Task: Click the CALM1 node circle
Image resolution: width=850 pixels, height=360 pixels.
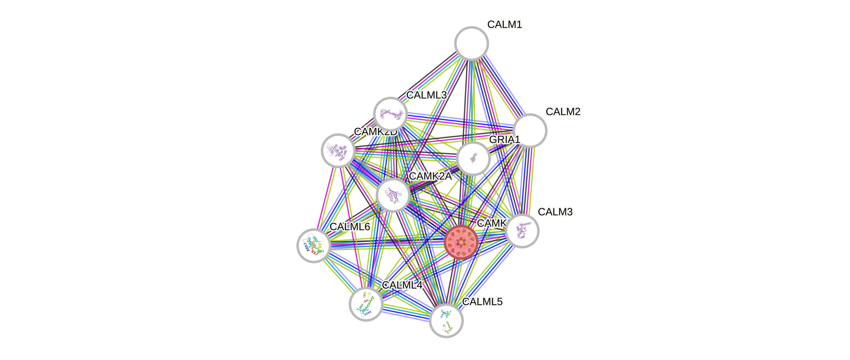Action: point(471,43)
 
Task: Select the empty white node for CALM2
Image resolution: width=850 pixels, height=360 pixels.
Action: point(530,130)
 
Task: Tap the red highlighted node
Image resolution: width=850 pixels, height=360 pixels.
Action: point(461,242)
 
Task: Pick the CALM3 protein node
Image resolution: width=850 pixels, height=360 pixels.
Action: point(522,231)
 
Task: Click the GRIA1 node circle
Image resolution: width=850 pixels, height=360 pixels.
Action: point(473,158)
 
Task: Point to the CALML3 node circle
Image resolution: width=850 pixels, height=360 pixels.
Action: point(390,114)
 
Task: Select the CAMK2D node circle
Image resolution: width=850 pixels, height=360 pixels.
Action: point(338,150)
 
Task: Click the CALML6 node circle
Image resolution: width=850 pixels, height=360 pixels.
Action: point(314,245)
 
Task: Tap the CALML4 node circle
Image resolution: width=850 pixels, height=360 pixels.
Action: point(366,304)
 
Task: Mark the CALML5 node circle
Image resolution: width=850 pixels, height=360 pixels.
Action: point(446,321)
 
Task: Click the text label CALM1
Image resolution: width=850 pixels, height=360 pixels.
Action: point(505,24)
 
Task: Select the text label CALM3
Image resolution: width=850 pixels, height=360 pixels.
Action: point(555,212)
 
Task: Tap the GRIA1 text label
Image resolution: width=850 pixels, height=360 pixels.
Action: point(504,139)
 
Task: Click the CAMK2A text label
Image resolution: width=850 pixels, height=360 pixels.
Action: point(430,176)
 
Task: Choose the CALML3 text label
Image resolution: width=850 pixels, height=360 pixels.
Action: point(426,95)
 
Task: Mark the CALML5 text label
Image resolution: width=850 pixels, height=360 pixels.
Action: point(483,302)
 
